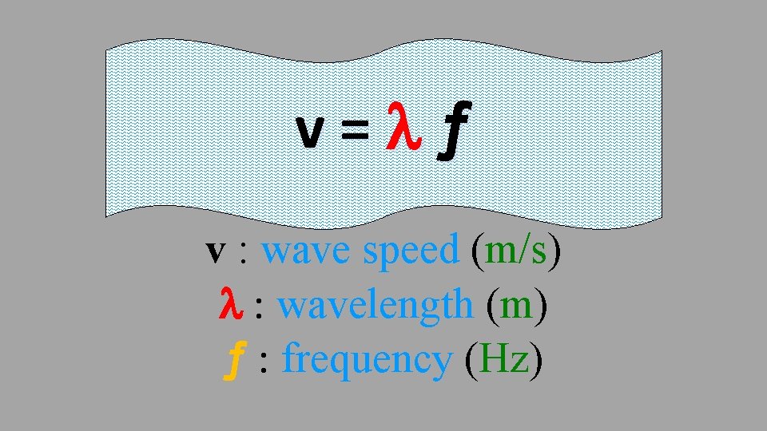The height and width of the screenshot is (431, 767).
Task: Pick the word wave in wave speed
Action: (307, 252)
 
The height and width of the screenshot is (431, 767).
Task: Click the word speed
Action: (411, 252)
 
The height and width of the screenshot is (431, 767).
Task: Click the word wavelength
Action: (375, 305)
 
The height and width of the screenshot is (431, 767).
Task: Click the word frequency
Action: (368, 361)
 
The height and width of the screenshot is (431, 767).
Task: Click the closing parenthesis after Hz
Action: (536, 361)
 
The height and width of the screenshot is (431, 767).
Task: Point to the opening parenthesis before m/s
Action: (477, 251)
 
